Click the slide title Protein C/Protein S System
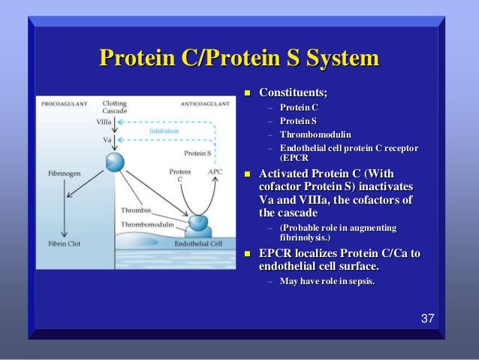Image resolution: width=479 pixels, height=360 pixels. click(x=239, y=58)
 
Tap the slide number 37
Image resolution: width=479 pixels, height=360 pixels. click(x=427, y=319)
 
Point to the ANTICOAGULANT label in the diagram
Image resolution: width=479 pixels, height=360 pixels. click(x=204, y=104)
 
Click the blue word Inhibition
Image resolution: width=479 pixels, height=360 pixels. click(x=164, y=130)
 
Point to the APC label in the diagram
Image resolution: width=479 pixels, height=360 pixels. click(x=215, y=172)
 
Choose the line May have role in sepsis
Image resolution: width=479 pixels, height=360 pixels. click(x=327, y=281)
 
